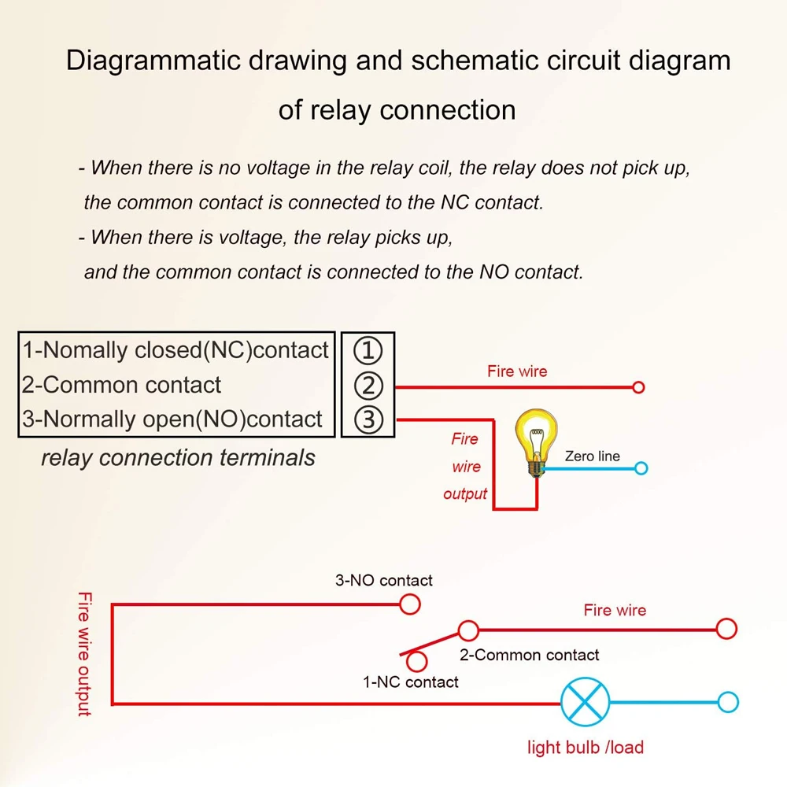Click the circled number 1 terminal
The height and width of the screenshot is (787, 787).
pos(368,350)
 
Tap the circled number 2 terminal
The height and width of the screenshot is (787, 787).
pos(368,386)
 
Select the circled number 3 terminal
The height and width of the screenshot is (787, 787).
pos(368,419)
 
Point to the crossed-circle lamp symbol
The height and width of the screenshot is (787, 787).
pos(585,703)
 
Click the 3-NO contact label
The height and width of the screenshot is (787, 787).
pos(384,581)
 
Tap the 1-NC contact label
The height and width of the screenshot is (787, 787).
pos(410,682)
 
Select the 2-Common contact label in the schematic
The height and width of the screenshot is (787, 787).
pos(529,655)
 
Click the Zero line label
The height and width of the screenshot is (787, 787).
pos(592,456)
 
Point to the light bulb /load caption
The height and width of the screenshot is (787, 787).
pos(586,747)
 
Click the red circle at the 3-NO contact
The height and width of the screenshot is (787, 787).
pos(409,604)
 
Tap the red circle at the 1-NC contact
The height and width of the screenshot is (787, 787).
pos(416,662)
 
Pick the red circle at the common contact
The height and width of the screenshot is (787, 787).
pos(468,630)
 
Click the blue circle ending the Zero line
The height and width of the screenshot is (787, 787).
pos(641,468)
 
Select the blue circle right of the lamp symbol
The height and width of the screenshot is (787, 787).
pos(728,703)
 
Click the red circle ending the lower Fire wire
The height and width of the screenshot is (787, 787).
pos(726,629)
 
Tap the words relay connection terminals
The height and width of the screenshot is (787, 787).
pos(178,457)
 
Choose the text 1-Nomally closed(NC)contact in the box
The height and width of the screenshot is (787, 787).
pos(175,350)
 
